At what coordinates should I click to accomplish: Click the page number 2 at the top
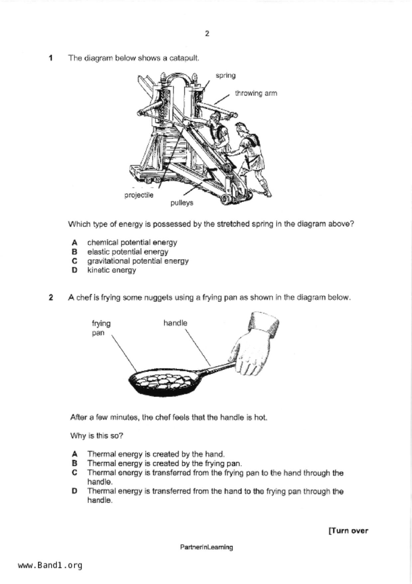coord(207,34)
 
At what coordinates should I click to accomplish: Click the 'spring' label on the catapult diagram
coord(225,76)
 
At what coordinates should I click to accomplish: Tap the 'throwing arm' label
coord(256,93)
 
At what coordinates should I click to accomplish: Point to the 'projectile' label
coord(139,195)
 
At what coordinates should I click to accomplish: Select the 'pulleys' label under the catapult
coord(182,203)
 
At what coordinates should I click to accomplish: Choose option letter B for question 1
coord(74,252)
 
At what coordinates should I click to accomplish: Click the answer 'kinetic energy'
coord(111,270)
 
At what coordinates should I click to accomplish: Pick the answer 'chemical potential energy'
coord(132,242)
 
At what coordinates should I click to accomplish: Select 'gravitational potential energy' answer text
coord(138,261)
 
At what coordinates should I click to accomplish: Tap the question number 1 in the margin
coord(51,58)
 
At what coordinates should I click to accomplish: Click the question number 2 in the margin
coord(51,298)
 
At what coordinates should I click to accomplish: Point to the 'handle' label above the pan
coord(175,323)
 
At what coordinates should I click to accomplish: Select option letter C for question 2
coord(74,473)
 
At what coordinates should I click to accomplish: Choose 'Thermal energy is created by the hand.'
coord(156,454)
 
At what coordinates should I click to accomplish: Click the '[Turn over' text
coord(348,531)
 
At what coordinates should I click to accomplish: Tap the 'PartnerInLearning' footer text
coord(206,547)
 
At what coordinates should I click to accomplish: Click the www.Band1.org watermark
coord(50,565)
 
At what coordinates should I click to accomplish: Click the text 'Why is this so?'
coord(96,436)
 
